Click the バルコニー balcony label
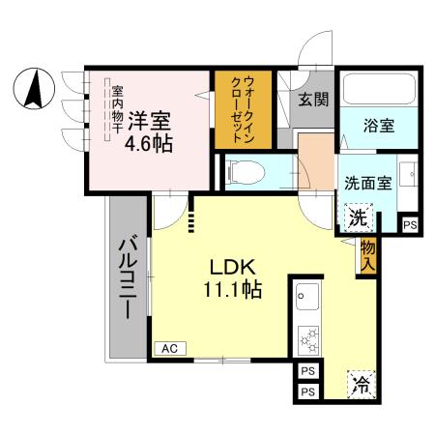(128, 280)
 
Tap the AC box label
(169, 348)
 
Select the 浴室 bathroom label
(378, 126)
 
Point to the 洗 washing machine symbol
(357, 217)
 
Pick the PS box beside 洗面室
(411, 224)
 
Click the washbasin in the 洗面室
(409, 176)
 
